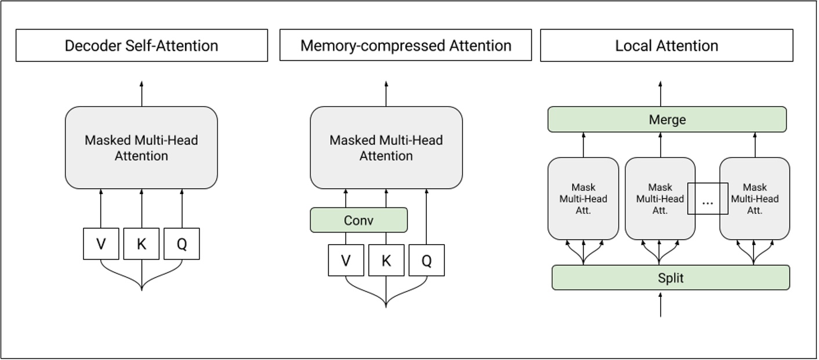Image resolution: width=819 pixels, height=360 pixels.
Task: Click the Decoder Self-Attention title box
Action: coord(142,45)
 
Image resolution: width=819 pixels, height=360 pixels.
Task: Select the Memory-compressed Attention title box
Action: coord(405,45)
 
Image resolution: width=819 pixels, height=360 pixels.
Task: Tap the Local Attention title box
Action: coord(666,45)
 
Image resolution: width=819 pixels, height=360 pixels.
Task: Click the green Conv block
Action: coord(358,220)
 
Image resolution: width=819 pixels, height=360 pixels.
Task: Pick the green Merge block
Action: coord(667,119)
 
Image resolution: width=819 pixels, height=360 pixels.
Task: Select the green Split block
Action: coord(671,278)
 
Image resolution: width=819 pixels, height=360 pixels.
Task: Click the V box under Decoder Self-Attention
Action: coord(101,243)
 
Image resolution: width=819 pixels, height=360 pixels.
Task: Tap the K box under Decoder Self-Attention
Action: coord(141,243)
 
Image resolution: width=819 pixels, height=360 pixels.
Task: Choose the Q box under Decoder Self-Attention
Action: coord(182,243)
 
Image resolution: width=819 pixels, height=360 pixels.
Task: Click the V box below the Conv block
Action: coord(346,260)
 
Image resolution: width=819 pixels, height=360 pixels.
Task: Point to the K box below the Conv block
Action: coord(386,260)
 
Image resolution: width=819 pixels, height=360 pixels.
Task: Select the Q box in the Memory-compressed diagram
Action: coord(426,260)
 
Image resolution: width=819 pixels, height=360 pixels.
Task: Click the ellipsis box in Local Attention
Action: coord(708,199)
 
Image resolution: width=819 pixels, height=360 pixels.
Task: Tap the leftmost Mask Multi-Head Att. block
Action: coord(583,199)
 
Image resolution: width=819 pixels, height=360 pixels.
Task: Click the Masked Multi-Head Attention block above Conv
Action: coord(386,148)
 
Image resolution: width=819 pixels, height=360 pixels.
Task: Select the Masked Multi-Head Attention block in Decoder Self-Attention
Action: coord(142,148)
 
